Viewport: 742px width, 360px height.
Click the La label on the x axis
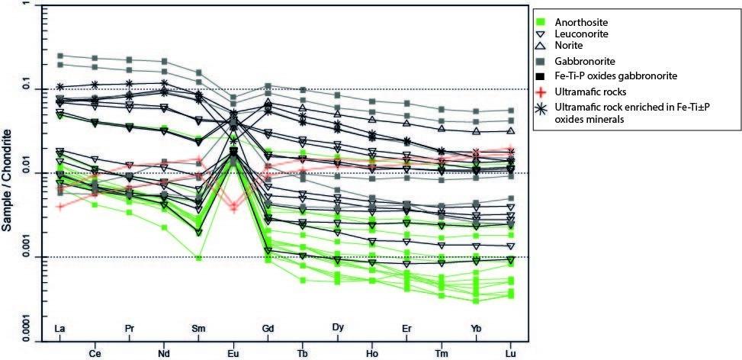coord(59,329)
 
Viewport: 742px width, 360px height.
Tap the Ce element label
coord(95,353)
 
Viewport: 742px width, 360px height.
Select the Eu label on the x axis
coord(234,353)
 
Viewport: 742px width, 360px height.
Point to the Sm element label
coord(198,329)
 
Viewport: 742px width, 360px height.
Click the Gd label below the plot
coord(268,329)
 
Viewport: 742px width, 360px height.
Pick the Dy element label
coord(338,329)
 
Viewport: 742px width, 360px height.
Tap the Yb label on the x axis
coord(477,329)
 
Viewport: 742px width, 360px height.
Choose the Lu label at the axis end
coord(511,353)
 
